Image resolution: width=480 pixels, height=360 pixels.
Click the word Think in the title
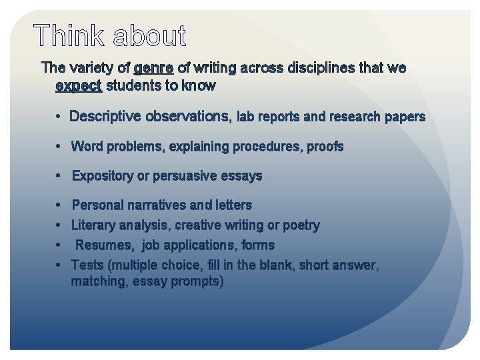click(69, 37)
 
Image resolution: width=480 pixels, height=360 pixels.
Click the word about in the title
click(149, 37)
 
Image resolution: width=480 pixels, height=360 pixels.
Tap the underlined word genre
click(153, 68)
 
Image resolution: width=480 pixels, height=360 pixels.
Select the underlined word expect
click(79, 85)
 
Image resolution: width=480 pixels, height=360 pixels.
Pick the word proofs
click(325, 146)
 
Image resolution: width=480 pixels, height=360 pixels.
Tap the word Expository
click(103, 176)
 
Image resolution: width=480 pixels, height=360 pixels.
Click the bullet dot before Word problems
click(59, 146)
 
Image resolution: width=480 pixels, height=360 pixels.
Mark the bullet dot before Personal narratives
click(59, 205)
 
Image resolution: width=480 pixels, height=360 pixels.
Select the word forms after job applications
click(257, 245)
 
